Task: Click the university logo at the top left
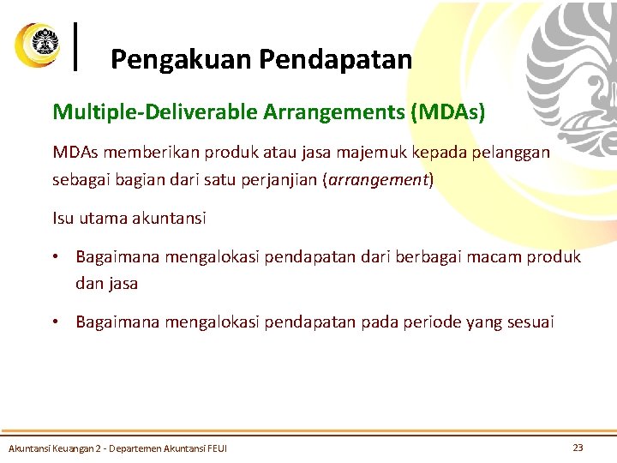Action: pyautogui.click(x=37, y=45)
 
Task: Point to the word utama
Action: pyautogui.click(x=100, y=218)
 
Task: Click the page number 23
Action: pyautogui.click(x=578, y=447)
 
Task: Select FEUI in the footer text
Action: pyautogui.click(x=217, y=448)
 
